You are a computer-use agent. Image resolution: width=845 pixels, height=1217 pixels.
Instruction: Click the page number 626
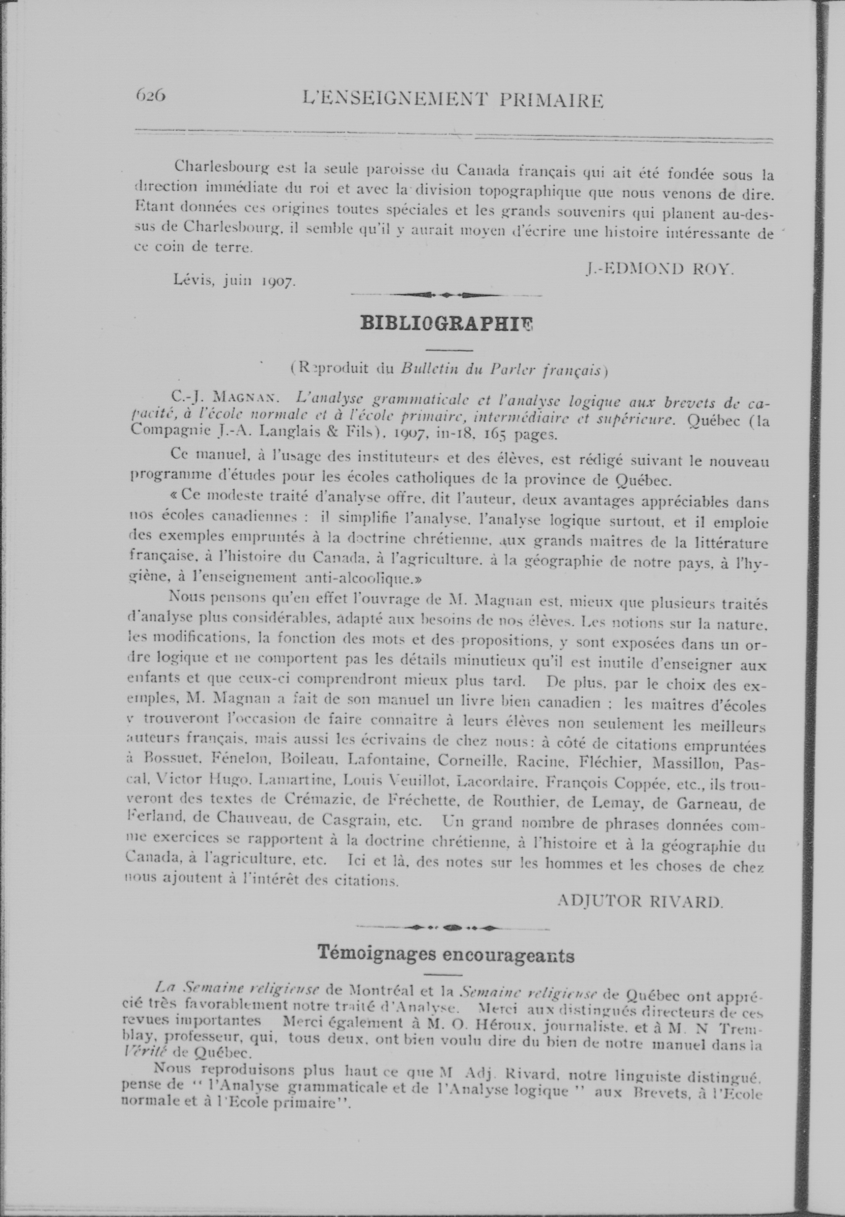151,95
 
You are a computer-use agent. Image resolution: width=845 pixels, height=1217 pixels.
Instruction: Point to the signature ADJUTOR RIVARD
640,901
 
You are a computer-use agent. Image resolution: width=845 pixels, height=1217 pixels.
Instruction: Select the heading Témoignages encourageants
446,955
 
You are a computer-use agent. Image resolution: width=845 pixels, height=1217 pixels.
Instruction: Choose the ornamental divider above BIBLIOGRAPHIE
446,295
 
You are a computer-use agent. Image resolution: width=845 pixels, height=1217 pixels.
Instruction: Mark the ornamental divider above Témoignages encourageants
453,927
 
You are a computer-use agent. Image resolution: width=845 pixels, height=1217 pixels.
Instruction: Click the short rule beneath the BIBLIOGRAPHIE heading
449,350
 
